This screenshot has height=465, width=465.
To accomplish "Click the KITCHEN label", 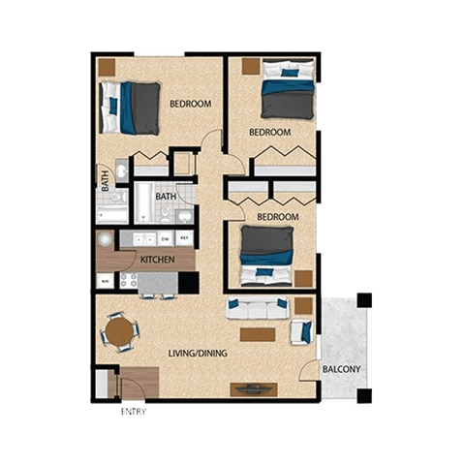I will pyautogui.click(x=157, y=261).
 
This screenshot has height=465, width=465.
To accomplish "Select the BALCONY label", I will pyautogui.click(x=342, y=369).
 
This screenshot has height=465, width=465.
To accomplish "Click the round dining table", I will pyautogui.click(x=119, y=332).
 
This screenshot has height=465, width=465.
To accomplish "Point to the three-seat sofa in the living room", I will pyautogui.click(x=258, y=309).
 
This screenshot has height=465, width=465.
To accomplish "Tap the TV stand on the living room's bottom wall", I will pyautogui.click(x=254, y=389).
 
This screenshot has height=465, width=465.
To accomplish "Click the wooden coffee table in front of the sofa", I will pyautogui.click(x=258, y=334).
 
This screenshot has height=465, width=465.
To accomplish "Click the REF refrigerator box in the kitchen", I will pyautogui.click(x=184, y=238).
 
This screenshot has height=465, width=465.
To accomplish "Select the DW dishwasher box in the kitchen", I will pyautogui.click(x=166, y=238).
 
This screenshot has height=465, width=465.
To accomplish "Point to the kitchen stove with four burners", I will pyautogui.click(x=128, y=281).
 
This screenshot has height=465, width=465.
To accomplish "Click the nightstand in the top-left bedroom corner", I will pyautogui.click(x=106, y=67).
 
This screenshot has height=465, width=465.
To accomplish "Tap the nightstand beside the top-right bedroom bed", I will pyautogui.click(x=251, y=67).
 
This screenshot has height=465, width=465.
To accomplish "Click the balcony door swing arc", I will pyautogui.click(x=309, y=372).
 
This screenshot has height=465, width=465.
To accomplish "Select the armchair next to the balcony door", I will pyautogui.click(x=301, y=332).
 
